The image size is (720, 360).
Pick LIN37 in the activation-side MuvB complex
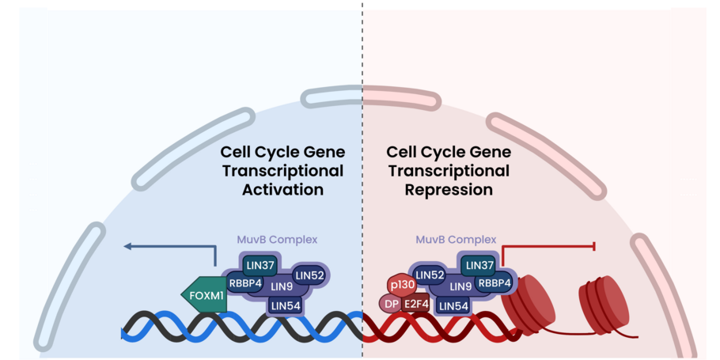click(x=260, y=265)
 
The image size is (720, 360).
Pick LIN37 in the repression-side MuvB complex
click(x=478, y=265)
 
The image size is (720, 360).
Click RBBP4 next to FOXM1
click(x=245, y=282)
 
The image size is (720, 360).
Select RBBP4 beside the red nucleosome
click(x=494, y=282)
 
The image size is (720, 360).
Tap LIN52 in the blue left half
click(x=310, y=275)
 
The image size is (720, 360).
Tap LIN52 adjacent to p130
click(x=430, y=275)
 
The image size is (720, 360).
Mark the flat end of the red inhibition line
click(x=594, y=247)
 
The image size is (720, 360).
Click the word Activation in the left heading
click(x=282, y=190)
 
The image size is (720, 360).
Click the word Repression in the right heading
click(x=449, y=190)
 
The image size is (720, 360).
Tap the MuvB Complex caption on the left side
click(x=277, y=239)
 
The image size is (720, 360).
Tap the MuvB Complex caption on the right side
click(x=456, y=239)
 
